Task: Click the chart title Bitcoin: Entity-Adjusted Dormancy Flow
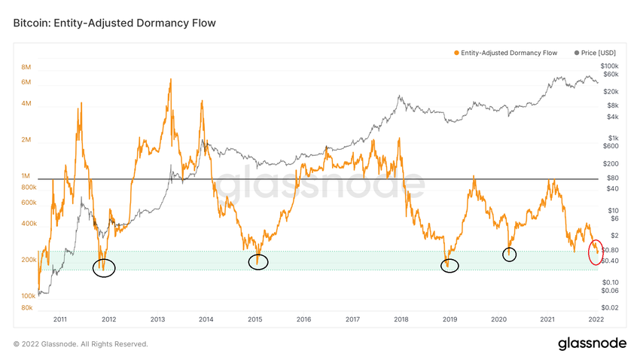[x=114, y=23]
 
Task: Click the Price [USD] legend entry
[x=595, y=53]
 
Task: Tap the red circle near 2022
[x=595, y=252]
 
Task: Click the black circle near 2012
[x=104, y=267]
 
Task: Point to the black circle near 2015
[x=258, y=262]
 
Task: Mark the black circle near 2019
[x=450, y=265]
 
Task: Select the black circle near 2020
[x=510, y=254]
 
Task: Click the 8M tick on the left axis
[x=26, y=67]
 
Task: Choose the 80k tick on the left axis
[x=26, y=308]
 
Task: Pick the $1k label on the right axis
[x=611, y=139]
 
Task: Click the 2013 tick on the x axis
[x=157, y=320]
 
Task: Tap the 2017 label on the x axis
[x=352, y=320]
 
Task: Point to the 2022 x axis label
[x=596, y=320]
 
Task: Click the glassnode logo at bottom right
[x=592, y=343]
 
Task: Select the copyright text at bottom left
[x=81, y=344]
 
